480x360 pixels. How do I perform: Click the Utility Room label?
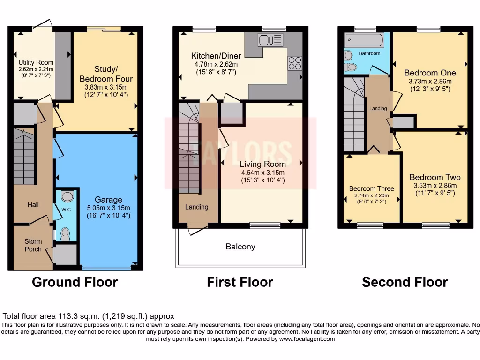coord(36,62)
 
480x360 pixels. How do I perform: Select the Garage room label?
coord(109,200)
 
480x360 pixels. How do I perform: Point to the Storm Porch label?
coord(33,245)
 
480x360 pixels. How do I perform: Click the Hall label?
coord(32,205)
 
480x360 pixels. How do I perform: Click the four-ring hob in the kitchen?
coord(295,63)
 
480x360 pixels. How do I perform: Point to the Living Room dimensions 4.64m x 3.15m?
coord(262,172)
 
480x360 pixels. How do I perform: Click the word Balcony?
coord(240,247)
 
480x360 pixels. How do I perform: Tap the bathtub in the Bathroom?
coord(364,39)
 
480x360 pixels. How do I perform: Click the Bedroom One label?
coord(430,73)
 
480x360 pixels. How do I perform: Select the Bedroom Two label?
coord(435,177)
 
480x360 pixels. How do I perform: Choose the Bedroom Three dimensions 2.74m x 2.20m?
coord(371,195)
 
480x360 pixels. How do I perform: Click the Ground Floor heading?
coord(75,282)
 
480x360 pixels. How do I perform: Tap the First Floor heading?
coord(240,282)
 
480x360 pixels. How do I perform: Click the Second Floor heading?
coord(405,282)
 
